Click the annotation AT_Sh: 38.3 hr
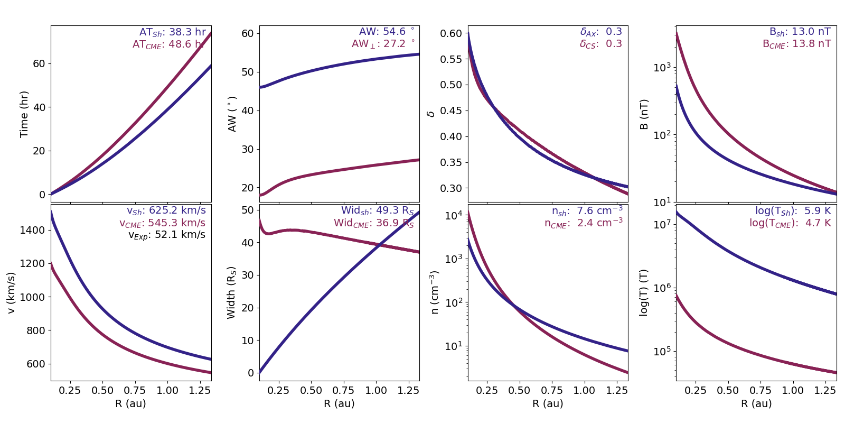click(x=172, y=32)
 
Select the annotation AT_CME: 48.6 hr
click(x=168, y=44)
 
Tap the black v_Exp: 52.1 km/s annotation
click(x=166, y=235)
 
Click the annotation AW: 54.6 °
click(x=387, y=32)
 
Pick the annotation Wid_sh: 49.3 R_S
click(x=377, y=211)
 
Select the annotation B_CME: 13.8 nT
click(x=796, y=44)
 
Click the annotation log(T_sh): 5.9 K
click(x=793, y=211)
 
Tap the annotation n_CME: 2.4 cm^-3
click(x=583, y=223)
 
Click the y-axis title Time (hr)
click(x=24, y=114)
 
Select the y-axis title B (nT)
click(x=644, y=114)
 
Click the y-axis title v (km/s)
click(x=11, y=292)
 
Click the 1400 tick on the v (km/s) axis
click(x=33, y=230)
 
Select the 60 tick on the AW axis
click(x=248, y=33)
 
